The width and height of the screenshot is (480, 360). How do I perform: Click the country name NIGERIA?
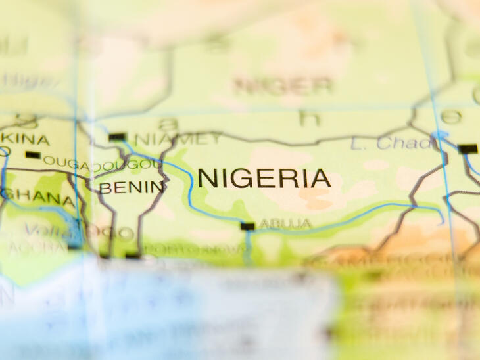tap(264, 178)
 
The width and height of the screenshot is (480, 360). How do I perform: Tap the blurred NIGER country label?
tap(283, 85)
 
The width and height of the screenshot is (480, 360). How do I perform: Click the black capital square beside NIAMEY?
tap(117, 137)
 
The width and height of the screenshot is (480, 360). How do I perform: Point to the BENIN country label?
tap(132, 188)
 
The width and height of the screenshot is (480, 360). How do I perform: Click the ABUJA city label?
tap(285, 224)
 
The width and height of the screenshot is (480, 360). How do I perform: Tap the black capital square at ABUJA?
tap(247, 226)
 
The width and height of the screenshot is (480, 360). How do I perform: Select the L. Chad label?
tap(384, 143)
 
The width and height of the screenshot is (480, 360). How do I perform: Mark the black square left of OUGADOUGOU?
tap(33, 155)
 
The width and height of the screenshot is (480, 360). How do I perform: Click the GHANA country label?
tap(37, 195)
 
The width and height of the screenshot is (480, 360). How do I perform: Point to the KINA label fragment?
tap(25, 139)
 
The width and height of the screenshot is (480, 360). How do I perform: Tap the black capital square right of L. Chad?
tap(468, 148)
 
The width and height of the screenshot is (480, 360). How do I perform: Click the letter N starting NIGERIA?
tap(208, 178)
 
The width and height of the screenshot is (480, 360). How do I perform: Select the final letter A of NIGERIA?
tap(320, 178)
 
